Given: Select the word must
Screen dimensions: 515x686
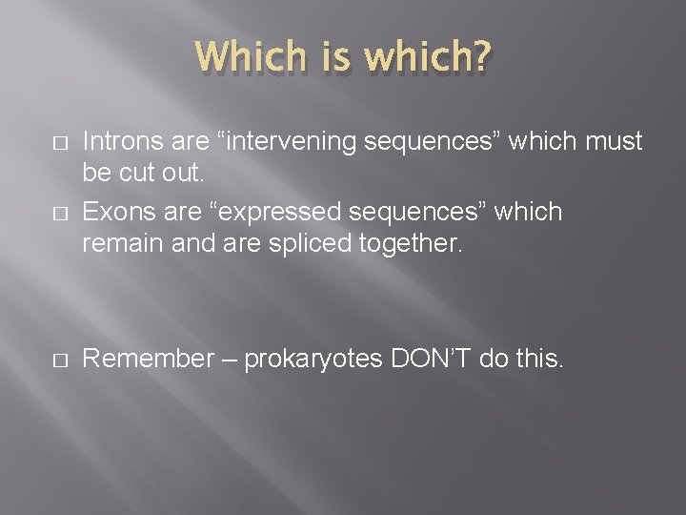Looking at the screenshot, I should (615, 142).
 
